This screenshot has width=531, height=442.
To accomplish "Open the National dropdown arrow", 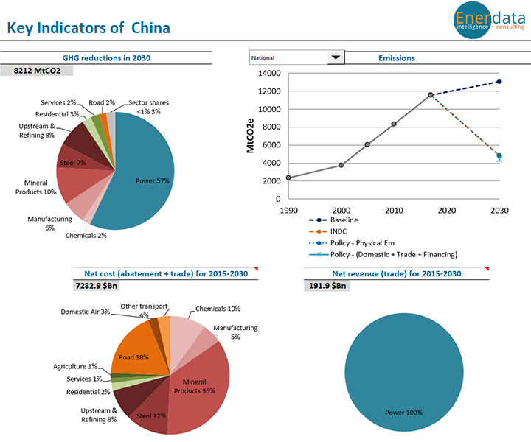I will coord(336,57).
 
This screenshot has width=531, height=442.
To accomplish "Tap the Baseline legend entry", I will coord(344,220).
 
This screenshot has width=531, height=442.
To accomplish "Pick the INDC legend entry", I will coord(339,231).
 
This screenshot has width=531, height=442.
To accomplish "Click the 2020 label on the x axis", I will coord(446,210).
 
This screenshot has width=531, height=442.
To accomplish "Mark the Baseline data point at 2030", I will coord(499,82).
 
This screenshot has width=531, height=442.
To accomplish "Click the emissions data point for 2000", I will coord(341,165).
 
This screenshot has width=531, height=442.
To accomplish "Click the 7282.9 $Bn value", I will coord(100,286).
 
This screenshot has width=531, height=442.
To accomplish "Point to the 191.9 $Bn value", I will coord(326,286).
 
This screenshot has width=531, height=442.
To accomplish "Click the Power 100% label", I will coord(404,413).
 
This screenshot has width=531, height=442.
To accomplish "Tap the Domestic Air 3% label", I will coord(85,312).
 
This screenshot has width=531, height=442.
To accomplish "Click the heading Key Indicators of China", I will coord(88,29).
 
